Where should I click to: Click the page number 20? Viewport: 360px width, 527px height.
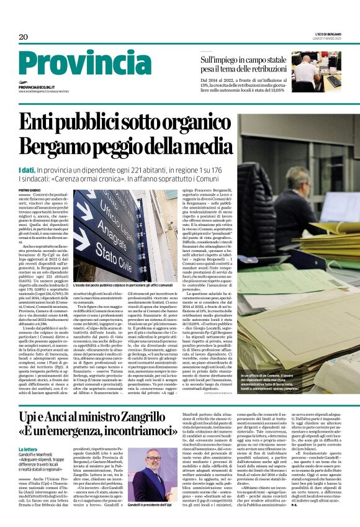click(24, 37)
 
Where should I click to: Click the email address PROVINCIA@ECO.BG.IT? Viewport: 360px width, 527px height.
click(37, 88)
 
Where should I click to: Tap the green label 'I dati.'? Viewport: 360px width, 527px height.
click(27, 169)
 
